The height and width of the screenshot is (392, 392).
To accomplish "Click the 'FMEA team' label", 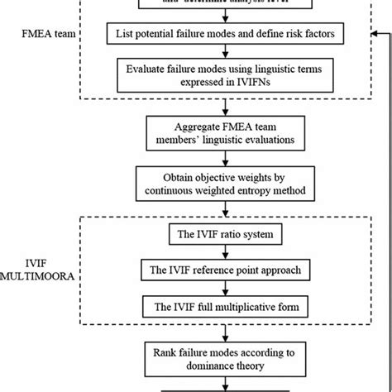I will click(x=44, y=36).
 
